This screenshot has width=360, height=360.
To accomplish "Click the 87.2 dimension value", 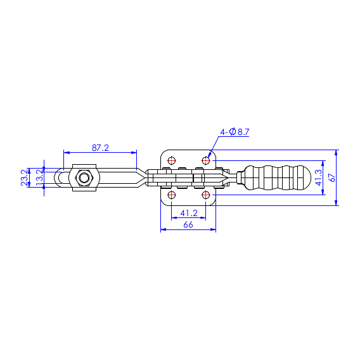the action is click(100, 148).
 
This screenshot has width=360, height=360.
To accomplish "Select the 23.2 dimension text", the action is click(24, 177).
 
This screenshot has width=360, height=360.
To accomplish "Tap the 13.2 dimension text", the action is click(39, 177).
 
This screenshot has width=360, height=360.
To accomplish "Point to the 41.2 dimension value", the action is click(189, 214).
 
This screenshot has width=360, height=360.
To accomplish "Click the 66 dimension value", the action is click(188, 224).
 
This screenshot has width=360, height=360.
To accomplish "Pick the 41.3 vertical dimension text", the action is click(319, 177).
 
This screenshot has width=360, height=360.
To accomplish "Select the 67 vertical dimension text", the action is click(332, 177).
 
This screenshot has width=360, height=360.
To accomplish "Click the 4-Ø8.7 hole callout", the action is click(235, 132).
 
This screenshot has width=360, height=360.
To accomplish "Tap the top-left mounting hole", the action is click(172, 160).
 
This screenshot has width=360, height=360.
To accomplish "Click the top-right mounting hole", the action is click(206, 160).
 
